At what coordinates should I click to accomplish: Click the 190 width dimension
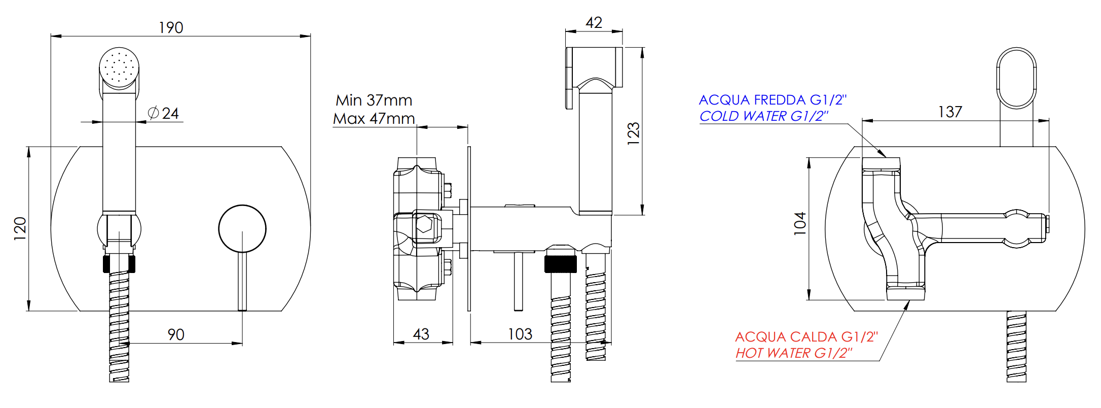click(x=171, y=27)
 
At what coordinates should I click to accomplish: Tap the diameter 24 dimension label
click(x=163, y=113)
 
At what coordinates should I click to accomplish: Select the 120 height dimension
click(x=20, y=228)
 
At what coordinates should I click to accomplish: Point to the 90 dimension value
click(x=176, y=334)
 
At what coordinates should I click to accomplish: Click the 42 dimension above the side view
click(x=594, y=22)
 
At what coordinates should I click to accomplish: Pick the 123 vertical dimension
click(x=634, y=133)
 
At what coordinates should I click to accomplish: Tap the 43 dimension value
click(x=421, y=334)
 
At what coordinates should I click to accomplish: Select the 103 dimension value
click(x=520, y=334)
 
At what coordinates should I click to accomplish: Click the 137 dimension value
click(x=950, y=112)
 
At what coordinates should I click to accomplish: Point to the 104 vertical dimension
click(x=799, y=223)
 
